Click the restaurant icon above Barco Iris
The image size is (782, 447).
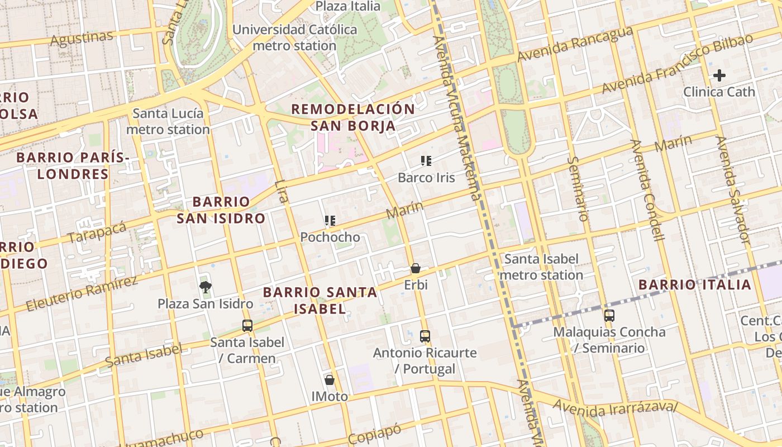click(426, 161)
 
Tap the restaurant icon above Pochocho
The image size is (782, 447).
click(330, 221)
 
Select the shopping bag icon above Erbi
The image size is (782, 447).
click(416, 269)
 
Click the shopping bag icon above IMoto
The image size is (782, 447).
click(330, 380)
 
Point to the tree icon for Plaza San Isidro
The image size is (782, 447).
click(206, 287)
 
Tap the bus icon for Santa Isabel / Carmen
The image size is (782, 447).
click(247, 325)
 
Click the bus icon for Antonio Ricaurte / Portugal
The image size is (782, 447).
click(425, 336)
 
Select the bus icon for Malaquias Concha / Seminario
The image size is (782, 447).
click(609, 315)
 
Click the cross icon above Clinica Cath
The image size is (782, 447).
click(719, 75)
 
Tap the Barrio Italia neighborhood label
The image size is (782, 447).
click(695, 285)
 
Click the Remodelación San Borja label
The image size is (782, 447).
click(353, 117)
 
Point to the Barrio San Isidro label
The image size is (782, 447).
click(221, 210)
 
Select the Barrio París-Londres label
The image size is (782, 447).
click(73, 166)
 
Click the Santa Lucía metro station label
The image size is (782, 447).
click(168, 122)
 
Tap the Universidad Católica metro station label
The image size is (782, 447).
click(294, 37)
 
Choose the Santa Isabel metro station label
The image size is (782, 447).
click(541, 267)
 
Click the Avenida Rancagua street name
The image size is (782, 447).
click(575, 45)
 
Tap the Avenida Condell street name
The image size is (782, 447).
click(647, 190)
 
